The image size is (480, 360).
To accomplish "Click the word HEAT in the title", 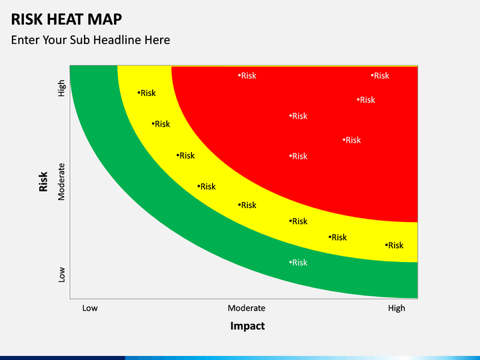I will coord(69,19).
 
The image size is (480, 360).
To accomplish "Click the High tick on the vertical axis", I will coord(62,88).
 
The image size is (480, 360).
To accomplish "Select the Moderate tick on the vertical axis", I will coord(62,181).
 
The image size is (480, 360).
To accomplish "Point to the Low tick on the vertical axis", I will coord(62,274).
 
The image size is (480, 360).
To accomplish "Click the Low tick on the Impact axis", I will coord(90,308).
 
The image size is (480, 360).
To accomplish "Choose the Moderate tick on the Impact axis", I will coord(247,308).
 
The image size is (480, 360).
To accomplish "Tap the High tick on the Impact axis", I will coord(397,308).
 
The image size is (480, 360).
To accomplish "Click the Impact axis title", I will coord(247,326).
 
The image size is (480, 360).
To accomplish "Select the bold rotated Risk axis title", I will coord(44,181).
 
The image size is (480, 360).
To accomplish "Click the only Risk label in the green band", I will coord(299,263).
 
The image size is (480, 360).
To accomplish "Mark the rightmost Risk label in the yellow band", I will coord(395,245).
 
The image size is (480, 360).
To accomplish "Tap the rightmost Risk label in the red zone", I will coord(381,76).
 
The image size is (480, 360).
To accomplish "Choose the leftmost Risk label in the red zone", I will coord(247,76).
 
